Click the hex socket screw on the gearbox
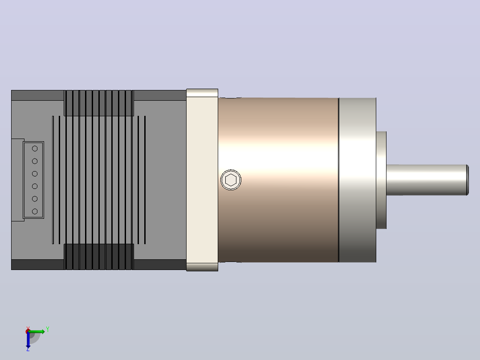pos(231,180)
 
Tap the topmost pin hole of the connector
pos(35,149)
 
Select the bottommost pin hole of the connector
pos(35,211)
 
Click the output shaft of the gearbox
pos(427,180)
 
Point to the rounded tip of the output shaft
pos(468,180)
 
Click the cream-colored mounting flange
pos(202,180)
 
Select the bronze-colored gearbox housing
pos(278,180)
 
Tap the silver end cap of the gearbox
pos(357,180)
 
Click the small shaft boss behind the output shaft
pos(381,180)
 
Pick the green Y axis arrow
pos(37,331)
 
